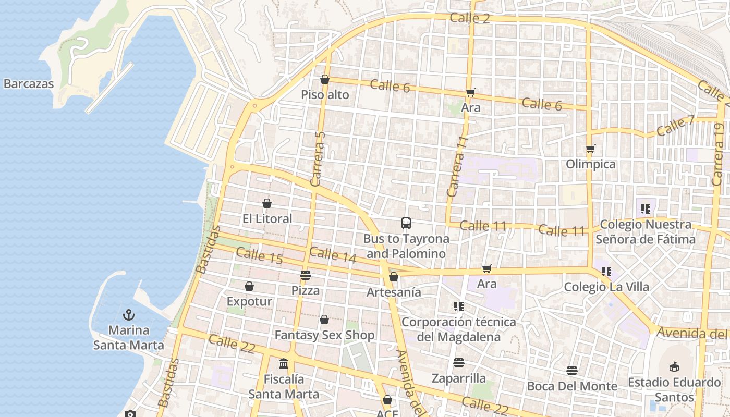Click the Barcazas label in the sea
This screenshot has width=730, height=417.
[x=29, y=83]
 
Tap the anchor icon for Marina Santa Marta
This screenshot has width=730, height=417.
[x=128, y=315]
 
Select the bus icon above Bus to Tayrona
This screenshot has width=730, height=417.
[x=406, y=223]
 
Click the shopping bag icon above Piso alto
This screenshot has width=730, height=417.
[x=325, y=80]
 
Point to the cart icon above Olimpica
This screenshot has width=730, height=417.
[x=591, y=149]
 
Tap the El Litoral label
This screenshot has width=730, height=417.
[x=267, y=218]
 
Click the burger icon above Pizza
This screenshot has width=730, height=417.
[x=306, y=275]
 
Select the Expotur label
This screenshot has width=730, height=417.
[x=249, y=301]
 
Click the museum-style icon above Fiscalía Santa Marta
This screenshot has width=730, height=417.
[x=284, y=363]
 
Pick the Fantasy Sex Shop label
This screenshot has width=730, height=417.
[x=324, y=335]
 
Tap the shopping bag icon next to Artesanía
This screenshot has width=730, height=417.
[x=394, y=277]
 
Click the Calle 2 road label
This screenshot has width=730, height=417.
[x=470, y=18]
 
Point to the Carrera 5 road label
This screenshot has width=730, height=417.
[x=318, y=158]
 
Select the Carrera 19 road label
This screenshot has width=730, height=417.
[x=719, y=154]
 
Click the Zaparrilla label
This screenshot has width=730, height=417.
[x=459, y=378]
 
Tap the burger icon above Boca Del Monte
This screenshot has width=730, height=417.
[x=572, y=371]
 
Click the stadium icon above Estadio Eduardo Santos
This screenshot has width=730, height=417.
[x=674, y=366]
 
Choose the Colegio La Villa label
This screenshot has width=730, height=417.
[x=606, y=287]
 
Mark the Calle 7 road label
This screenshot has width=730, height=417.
[x=676, y=126]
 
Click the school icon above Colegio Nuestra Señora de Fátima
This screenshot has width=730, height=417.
[x=646, y=209]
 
